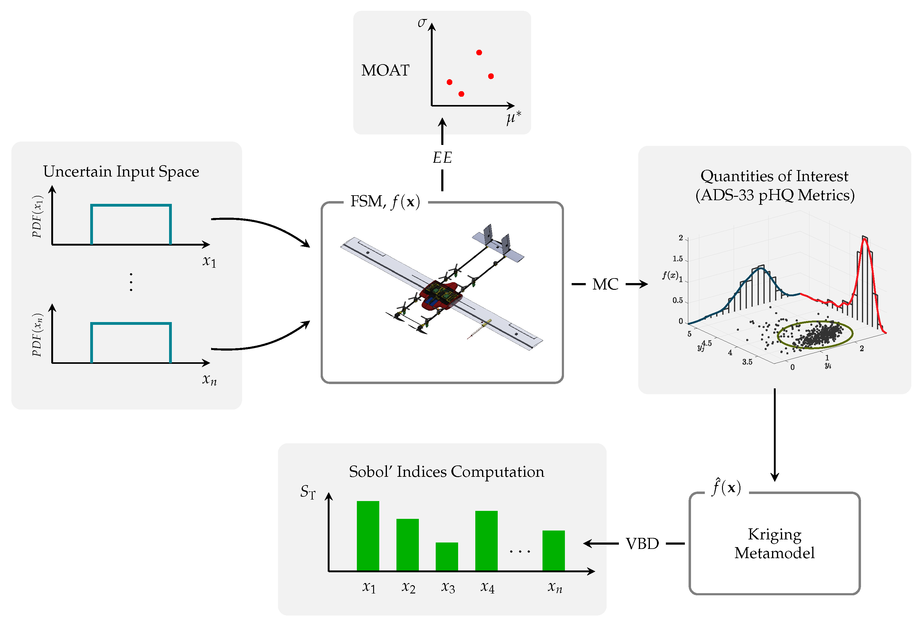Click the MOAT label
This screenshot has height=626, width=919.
click(385, 70)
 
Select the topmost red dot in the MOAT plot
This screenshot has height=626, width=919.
click(479, 52)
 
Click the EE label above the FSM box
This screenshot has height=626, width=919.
click(442, 158)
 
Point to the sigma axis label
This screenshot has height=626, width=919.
click(422, 22)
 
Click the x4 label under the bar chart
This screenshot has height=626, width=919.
click(487, 587)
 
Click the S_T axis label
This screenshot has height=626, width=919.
click(308, 492)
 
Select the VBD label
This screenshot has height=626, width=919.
click(642, 544)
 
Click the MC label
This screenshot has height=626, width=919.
click(605, 284)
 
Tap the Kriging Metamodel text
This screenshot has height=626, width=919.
click(774, 543)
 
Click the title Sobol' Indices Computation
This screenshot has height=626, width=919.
click(446, 472)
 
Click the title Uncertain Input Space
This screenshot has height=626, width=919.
click(121, 172)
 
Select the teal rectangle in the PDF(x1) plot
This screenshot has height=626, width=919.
click(131, 205)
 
